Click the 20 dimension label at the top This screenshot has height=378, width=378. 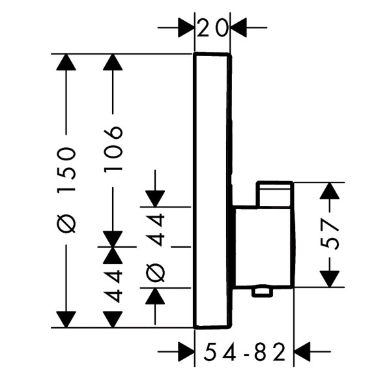pyautogui.click(x=212, y=28)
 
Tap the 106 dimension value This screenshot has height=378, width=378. pyautogui.click(x=113, y=149)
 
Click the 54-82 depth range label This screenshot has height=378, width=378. pyautogui.click(x=244, y=351)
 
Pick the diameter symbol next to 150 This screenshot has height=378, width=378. pyautogui.click(x=66, y=224)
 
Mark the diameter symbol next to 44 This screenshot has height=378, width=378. pyautogui.click(x=156, y=272)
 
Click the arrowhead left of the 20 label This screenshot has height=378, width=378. pyautogui.click(x=186, y=27)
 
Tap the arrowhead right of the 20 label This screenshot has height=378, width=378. pyautogui.click(x=239, y=27)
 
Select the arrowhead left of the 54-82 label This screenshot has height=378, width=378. pyautogui.click(x=186, y=351)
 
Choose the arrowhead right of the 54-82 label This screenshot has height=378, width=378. pyautogui.click(x=302, y=351)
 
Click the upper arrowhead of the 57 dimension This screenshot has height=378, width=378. pyautogui.click(x=330, y=191)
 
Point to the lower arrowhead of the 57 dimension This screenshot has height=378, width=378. pyautogui.click(x=330, y=279)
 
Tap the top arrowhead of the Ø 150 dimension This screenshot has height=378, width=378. pyautogui.click(x=66, y=62)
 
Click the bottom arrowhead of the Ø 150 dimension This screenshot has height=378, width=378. pyautogui.click(x=66, y=319)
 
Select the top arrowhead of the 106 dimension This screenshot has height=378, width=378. pyautogui.click(x=113, y=62)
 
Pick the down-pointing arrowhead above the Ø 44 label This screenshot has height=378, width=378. pyautogui.click(x=155, y=199)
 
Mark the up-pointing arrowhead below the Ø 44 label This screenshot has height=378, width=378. pyautogui.click(x=155, y=296)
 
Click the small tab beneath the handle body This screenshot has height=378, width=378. pyautogui.click(x=262, y=292)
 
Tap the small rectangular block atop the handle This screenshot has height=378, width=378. pyautogui.click(x=275, y=194)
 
